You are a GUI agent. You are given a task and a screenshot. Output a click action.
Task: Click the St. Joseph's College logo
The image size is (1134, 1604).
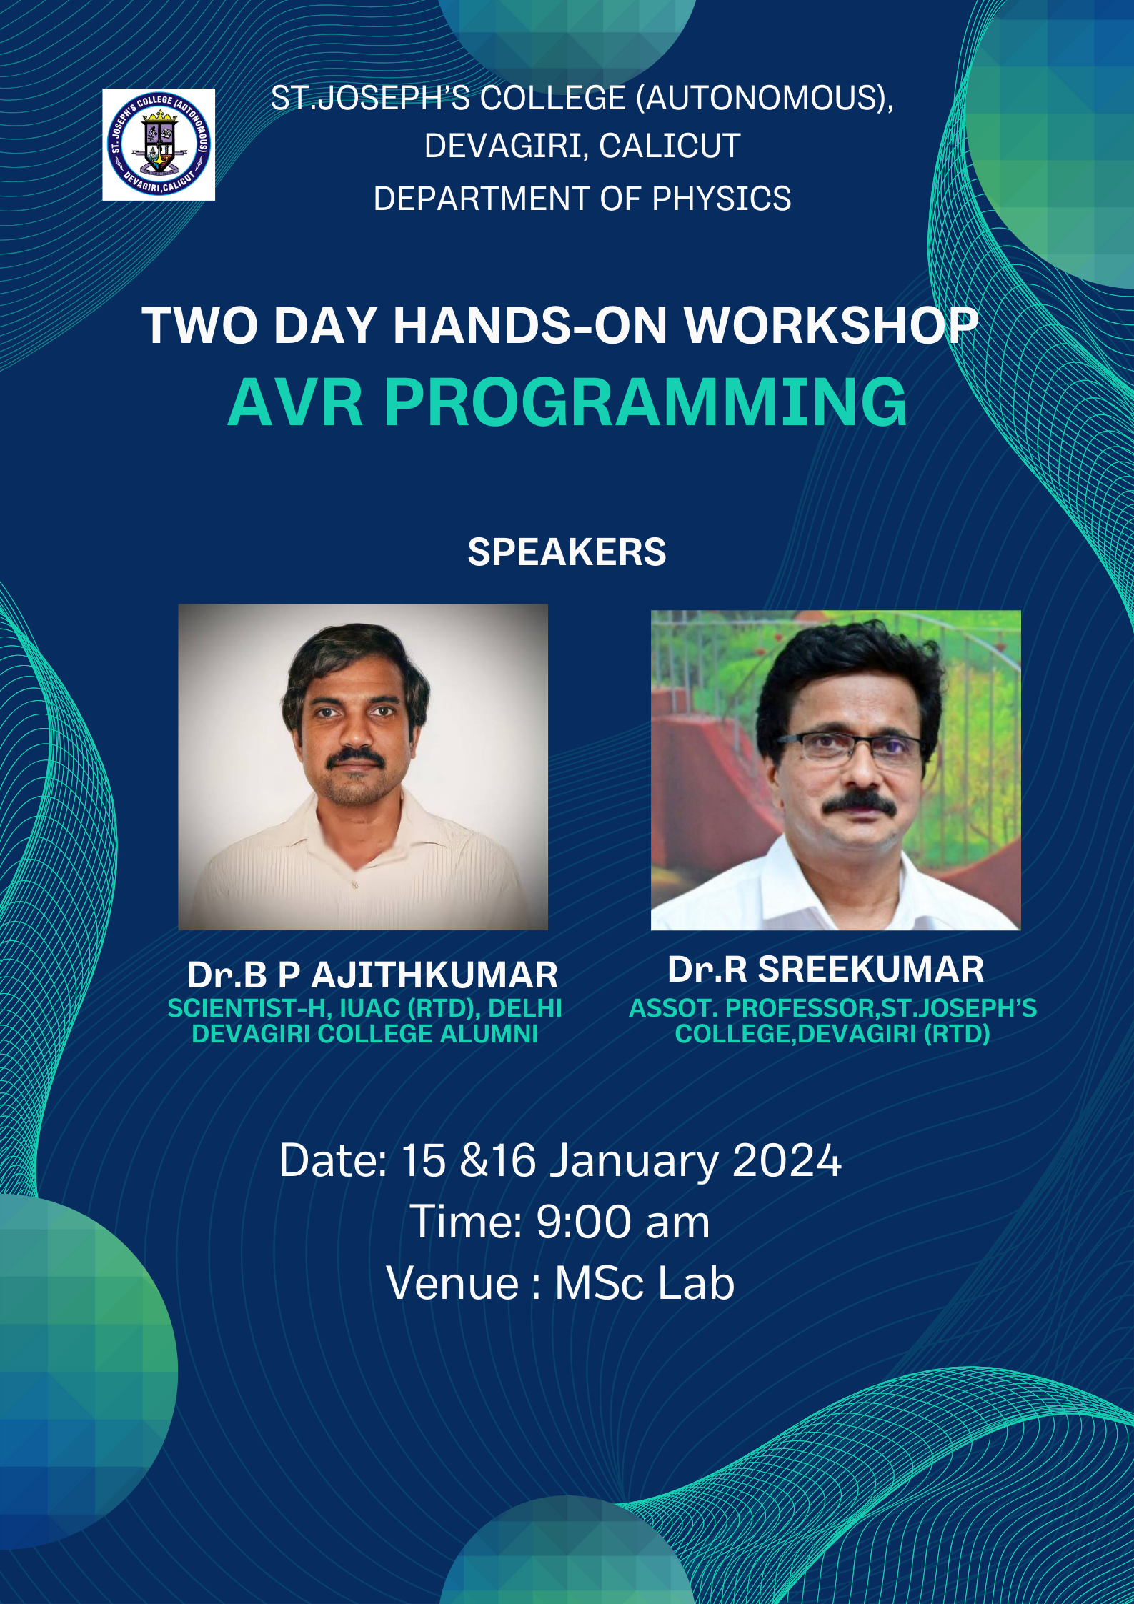159,144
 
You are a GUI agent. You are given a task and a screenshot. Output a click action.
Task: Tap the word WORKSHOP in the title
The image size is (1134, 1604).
832,326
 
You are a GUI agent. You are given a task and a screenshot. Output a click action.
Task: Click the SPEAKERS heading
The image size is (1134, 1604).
567,552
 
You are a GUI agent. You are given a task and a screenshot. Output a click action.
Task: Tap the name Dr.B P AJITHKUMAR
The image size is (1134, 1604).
372,975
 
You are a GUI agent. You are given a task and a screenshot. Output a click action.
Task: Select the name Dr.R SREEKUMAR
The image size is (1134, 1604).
825,969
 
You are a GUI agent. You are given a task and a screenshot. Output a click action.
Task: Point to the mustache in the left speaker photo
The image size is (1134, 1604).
355,758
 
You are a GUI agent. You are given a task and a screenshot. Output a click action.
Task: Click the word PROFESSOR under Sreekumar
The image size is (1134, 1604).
799,1007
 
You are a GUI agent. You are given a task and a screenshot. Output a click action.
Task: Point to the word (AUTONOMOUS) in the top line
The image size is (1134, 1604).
764,98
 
